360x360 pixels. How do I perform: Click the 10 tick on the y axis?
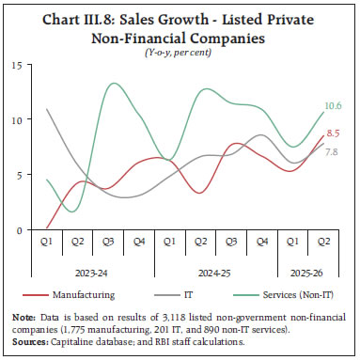pyautogui.click(x=19, y=120)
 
